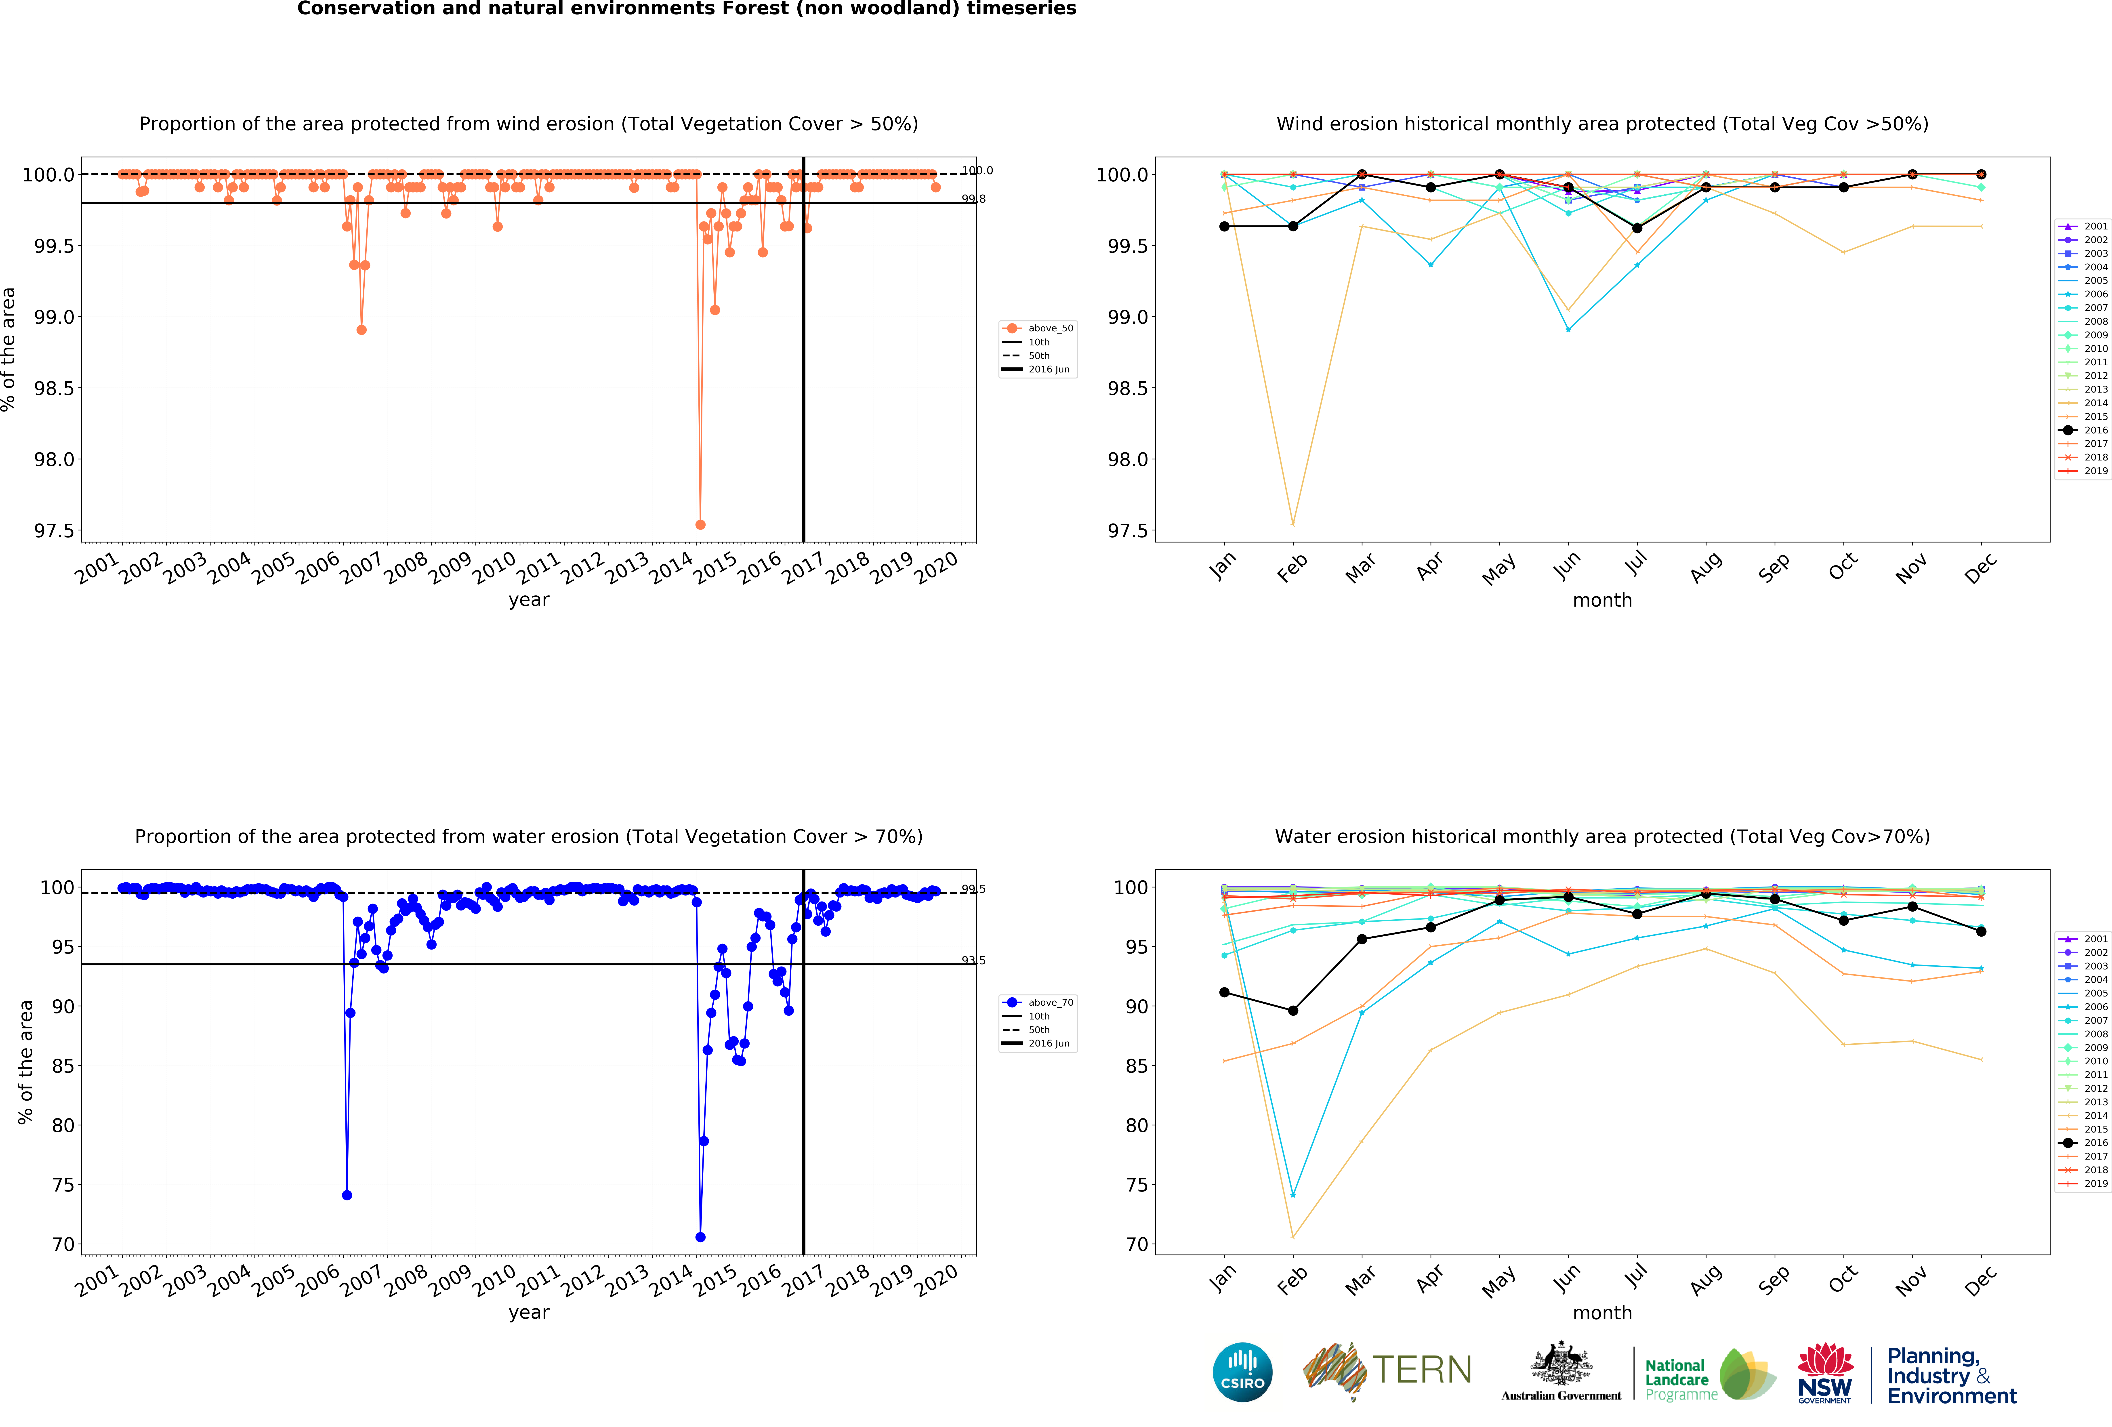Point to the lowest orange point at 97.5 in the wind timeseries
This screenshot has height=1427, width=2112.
(x=700, y=524)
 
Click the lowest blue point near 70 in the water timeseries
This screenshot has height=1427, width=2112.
(x=700, y=1237)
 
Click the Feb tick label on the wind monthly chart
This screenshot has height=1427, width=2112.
(x=1291, y=567)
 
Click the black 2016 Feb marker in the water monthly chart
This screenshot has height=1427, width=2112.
(x=1293, y=1011)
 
